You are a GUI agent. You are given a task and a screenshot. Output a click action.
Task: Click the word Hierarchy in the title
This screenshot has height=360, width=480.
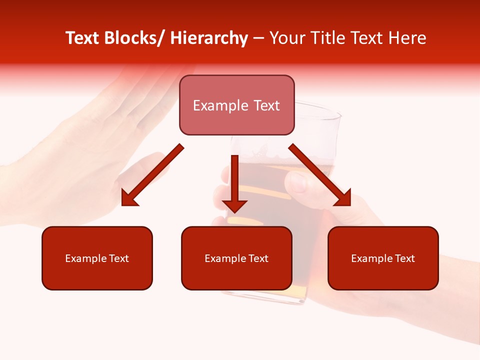(209, 38)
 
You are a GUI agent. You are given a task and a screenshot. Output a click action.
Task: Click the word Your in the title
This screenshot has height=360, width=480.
(285, 38)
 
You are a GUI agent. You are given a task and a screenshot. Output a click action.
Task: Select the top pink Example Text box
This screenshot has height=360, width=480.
(236, 105)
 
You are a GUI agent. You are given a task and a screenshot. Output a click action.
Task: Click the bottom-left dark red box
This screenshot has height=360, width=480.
(97, 258)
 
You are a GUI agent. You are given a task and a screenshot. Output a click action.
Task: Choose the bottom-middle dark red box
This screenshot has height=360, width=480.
(236, 258)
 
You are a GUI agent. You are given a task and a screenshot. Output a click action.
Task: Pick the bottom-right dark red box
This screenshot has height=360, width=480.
(383, 258)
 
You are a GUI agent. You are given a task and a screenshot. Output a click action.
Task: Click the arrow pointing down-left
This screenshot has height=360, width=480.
(150, 177)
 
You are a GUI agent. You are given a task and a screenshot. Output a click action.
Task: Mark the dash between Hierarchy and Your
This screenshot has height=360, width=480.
(258, 38)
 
